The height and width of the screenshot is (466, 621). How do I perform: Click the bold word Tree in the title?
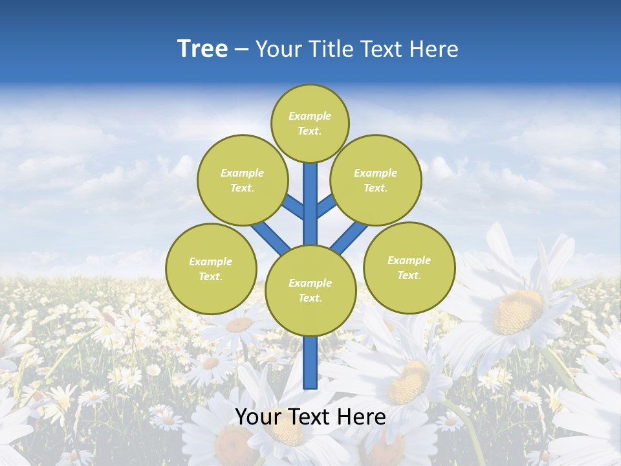point(202,49)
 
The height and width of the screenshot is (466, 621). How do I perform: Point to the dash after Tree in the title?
point(242,50)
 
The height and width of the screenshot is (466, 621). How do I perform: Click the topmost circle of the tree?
point(310,123)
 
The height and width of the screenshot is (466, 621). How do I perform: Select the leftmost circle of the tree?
point(211,269)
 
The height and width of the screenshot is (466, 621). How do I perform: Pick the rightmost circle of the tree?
point(409,267)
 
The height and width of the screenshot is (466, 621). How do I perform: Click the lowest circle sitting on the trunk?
point(310,291)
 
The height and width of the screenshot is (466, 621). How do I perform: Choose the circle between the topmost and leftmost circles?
point(243,180)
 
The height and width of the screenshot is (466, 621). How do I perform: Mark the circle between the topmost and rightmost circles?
point(376,180)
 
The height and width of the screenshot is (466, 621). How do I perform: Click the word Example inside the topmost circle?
point(310,116)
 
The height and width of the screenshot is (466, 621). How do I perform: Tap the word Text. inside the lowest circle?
point(310,298)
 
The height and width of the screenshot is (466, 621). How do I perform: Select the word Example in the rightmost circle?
point(409,260)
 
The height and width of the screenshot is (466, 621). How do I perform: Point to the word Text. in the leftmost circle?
point(210,277)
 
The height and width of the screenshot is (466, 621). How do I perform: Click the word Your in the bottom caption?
point(257,417)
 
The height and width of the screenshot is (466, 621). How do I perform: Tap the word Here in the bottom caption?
point(363,417)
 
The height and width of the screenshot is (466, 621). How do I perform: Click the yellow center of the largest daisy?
point(517,311)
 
